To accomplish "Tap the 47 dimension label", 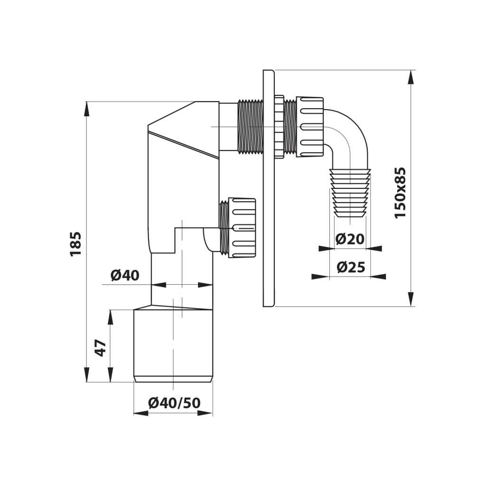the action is (101, 348).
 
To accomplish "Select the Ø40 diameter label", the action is (125, 275).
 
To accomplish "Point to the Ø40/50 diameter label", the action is (174, 402).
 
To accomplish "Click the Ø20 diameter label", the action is (350, 239).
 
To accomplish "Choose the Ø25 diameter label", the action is (351, 267).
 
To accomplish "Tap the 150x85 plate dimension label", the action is (400, 193).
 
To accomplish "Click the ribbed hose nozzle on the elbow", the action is (350, 193).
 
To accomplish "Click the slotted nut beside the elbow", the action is (309, 127).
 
